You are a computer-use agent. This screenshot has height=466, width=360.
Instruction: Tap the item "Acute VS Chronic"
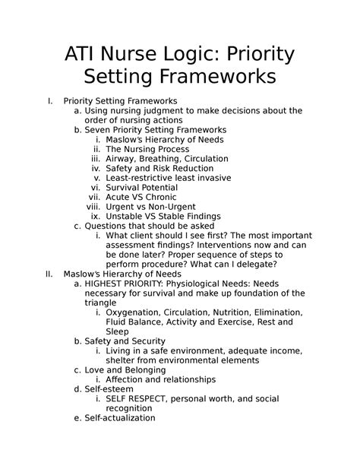point(140,197)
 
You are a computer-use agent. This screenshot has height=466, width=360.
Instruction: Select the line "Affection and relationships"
point(161,379)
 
